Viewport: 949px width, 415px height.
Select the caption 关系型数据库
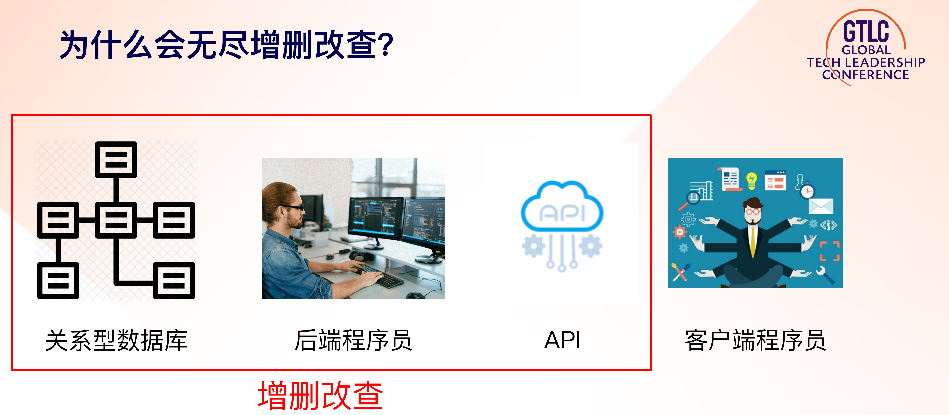(116, 340)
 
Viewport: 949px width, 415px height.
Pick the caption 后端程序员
(353, 340)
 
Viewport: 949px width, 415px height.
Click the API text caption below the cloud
(562, 340)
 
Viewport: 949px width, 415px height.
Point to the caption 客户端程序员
(756, 340)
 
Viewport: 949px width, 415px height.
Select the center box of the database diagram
(116, 220)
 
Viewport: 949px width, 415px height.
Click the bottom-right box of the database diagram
(174, 280)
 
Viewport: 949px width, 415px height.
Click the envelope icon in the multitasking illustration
(821, 206)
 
